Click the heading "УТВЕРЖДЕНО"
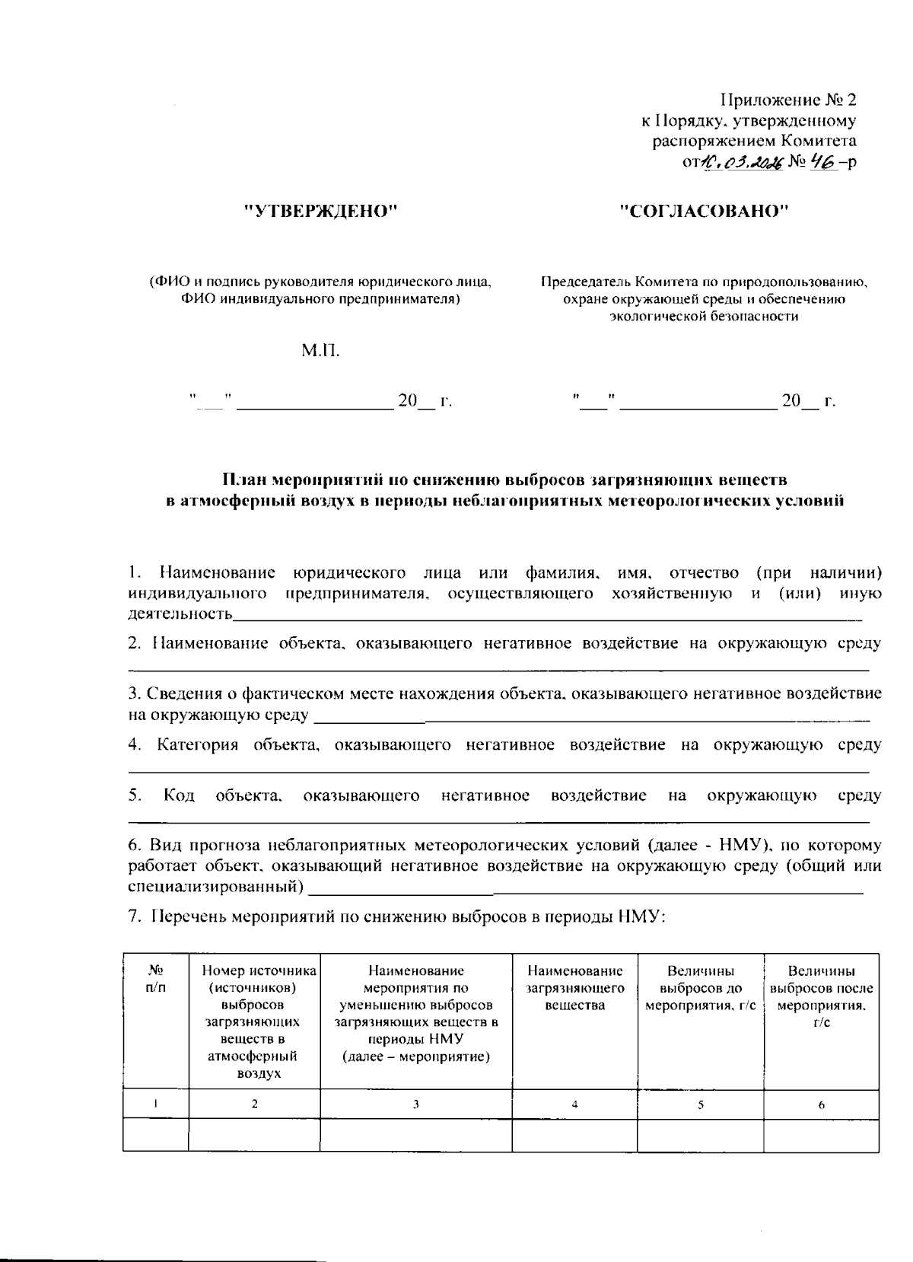click(321, 212)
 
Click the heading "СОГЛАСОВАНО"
click(704, 212)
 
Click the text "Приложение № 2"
click(788, 100)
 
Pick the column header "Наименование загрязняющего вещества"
click(574, 988)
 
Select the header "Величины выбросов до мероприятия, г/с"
click(700, 988)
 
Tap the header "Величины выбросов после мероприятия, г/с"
click(821, 996)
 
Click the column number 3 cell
click(415, 1104)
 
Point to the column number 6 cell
click(821, 1104)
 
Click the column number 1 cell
click(156, 1104)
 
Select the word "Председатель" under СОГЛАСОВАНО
click(584, 282)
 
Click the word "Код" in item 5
click(179, 796)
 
